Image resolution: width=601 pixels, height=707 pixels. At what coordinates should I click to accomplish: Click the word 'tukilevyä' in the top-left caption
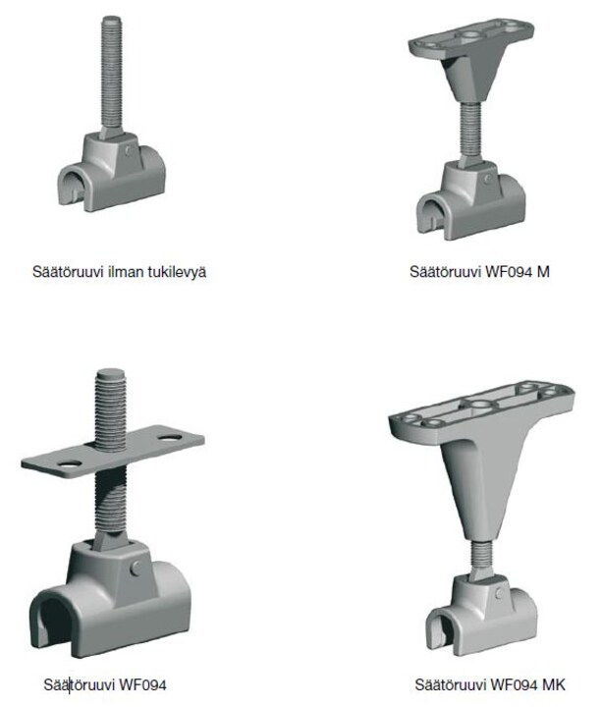(179, 272)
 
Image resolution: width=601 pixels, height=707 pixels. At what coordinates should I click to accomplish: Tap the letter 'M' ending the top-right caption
(543, 271)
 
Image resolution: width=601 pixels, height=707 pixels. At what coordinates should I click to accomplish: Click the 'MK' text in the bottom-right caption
(553, 684)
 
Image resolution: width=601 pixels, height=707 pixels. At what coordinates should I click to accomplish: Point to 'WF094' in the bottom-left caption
(143, 685)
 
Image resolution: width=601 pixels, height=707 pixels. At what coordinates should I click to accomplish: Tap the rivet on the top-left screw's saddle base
(130, 150)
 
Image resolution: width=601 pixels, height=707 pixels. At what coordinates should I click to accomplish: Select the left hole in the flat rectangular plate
(69, 463)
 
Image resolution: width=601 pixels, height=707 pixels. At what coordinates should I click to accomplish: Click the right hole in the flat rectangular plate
(170, 437)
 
